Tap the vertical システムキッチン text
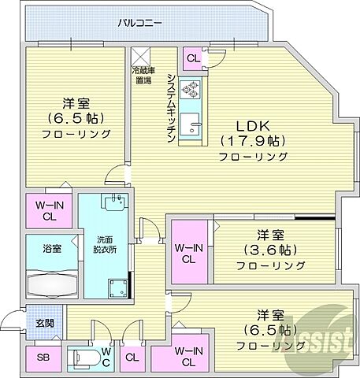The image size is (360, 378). [x=171, y=106]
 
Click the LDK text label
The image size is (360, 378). [x=250, y=125]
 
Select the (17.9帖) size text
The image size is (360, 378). [x=251, y=141]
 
